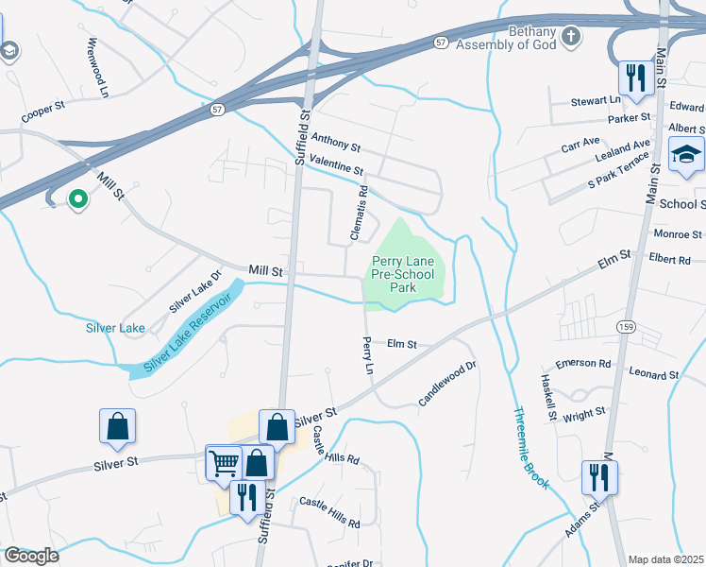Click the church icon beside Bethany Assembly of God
point(570,37)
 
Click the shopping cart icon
point(224,462)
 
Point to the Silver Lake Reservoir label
point(188,335)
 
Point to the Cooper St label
point(42,112)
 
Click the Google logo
point(31,556)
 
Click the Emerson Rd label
point(583,364)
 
